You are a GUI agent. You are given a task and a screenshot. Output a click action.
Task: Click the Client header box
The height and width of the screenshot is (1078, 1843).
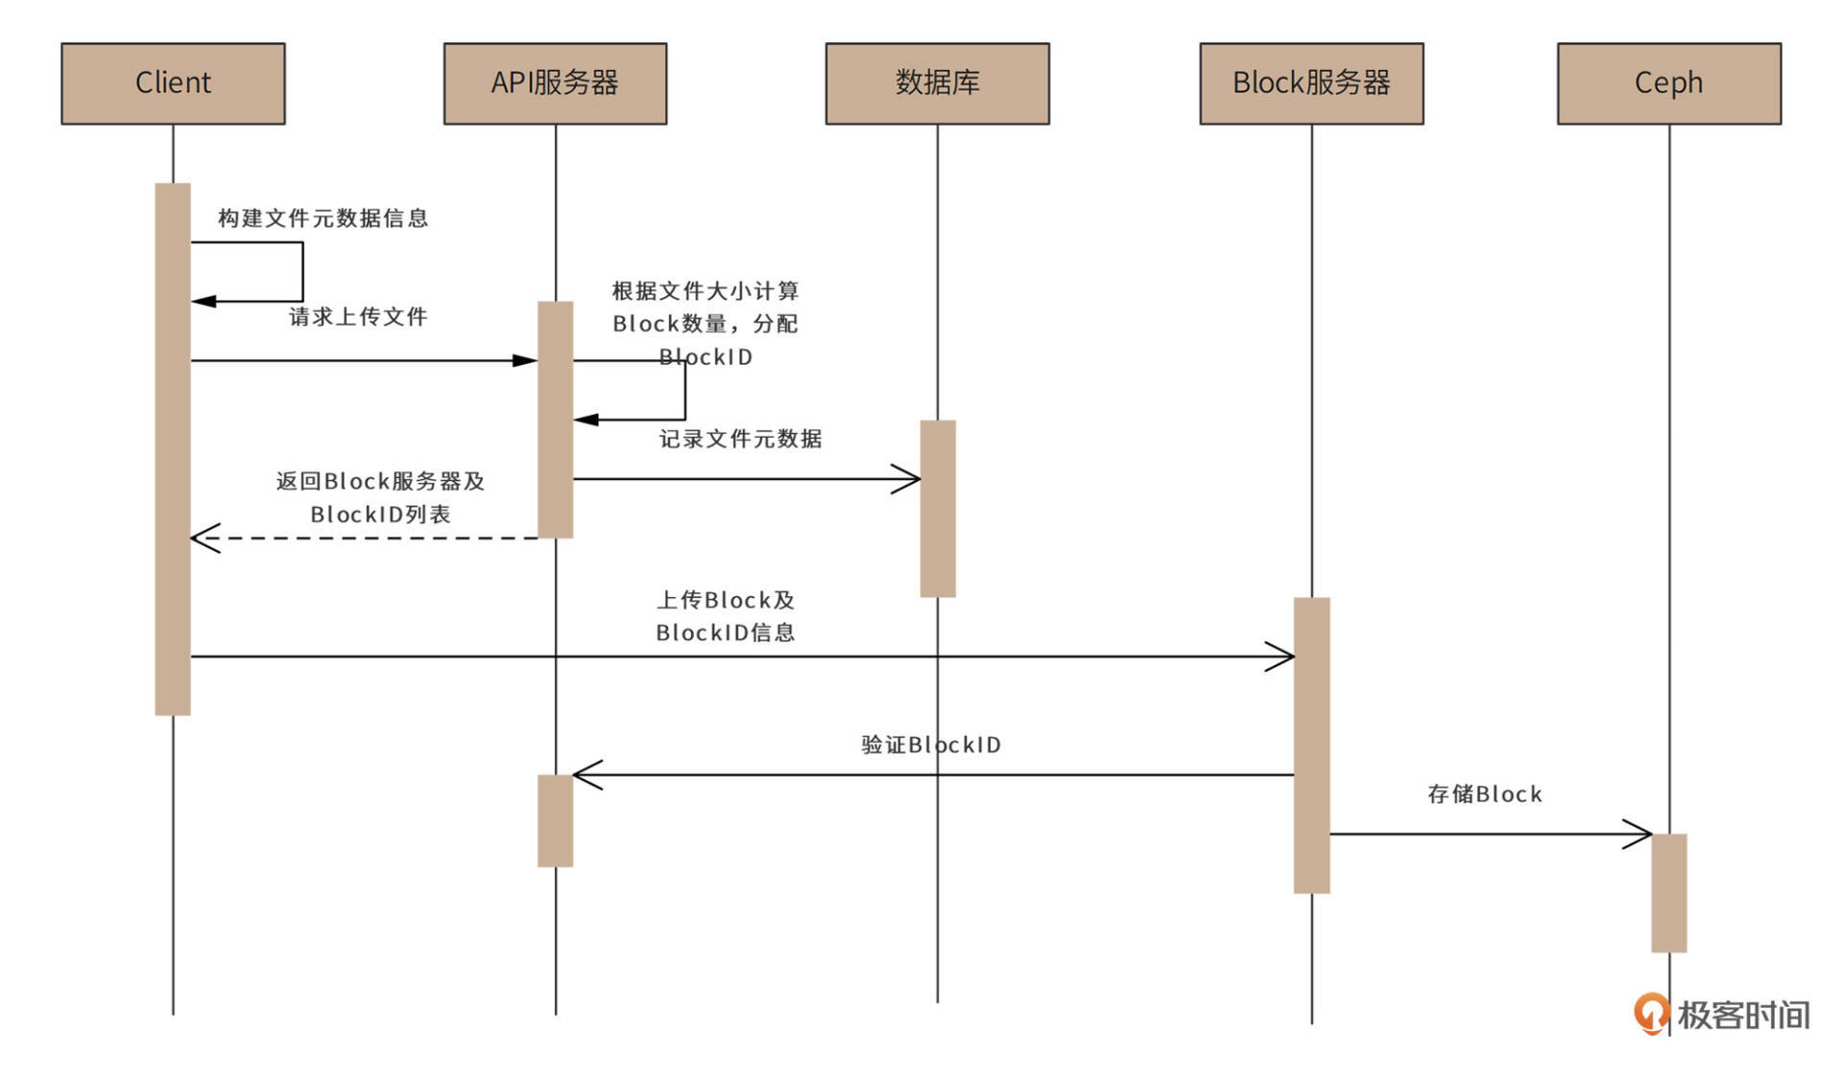(173, 84)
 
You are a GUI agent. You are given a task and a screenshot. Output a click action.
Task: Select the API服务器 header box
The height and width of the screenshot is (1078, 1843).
(555, 84)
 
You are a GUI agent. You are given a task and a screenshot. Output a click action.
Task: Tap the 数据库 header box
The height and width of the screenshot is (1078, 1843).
(937, 84)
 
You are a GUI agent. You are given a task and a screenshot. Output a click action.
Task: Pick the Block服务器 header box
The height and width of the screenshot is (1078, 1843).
(1311, 84)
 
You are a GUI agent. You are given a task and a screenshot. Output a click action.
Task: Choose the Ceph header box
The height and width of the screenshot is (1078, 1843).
(1668, 84)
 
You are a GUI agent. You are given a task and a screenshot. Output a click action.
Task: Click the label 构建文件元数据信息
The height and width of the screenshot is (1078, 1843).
(323, 219)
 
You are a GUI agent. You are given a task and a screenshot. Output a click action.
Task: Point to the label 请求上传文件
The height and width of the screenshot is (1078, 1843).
(358, 317)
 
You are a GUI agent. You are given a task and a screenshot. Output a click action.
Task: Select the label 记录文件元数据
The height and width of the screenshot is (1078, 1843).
(740, 439)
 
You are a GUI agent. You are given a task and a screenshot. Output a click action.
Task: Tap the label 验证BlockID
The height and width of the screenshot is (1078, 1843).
(930, 745)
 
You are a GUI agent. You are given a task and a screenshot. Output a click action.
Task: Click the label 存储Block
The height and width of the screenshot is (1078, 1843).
(1484, 794)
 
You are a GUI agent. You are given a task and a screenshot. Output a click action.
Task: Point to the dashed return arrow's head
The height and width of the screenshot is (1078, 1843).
(203, 538)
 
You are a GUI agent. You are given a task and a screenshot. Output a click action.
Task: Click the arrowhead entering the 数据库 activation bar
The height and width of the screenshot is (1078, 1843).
(908, 479)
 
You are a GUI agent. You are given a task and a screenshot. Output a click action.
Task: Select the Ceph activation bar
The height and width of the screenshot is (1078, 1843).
(1668, 893)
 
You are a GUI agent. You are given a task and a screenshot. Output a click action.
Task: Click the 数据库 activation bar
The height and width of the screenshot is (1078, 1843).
(937, 509)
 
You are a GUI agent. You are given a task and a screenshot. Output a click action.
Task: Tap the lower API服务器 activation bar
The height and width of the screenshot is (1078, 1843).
(555, 821)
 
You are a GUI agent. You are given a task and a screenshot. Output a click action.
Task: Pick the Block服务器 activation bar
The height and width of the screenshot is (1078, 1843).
(1311, 745)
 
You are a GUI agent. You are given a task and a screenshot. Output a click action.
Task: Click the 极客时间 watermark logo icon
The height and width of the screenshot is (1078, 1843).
(1651, 1013)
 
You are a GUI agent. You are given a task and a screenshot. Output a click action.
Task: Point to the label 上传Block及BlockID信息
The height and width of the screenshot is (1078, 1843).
(726, 616)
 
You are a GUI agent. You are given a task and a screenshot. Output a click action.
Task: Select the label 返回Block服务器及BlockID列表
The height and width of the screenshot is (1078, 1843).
(380, 497)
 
